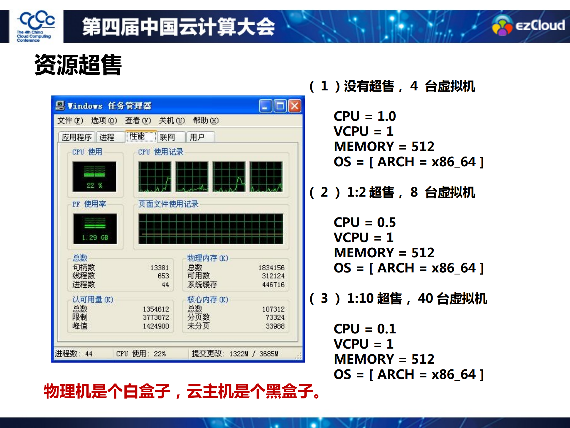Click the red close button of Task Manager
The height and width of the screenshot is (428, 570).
pos(295,106)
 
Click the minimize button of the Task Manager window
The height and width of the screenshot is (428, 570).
pos(265,106)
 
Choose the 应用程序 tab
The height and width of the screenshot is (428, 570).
pos(77,137)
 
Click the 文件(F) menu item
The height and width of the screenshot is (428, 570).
pos(70,120)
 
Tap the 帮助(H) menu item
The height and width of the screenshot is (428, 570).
pos(206,120)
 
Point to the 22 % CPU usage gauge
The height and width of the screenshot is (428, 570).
pos(94,177)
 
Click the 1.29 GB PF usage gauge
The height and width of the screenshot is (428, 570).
pos(95,228)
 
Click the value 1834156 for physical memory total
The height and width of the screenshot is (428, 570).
pos(271,268)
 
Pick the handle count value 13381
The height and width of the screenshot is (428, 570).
pos(160,268)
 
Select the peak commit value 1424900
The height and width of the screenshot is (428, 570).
pos(156,326)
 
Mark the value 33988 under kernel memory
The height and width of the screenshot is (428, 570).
pos(275,326)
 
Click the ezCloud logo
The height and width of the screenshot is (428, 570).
pos(528,26)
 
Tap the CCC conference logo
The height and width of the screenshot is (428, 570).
pos(36,26)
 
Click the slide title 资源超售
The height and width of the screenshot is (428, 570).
pos(78,65)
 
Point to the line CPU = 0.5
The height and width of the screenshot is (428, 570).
pos(364,222)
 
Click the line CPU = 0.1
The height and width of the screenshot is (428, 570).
pos(364,329)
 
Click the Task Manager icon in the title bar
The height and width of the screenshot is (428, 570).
pos(60,106)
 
